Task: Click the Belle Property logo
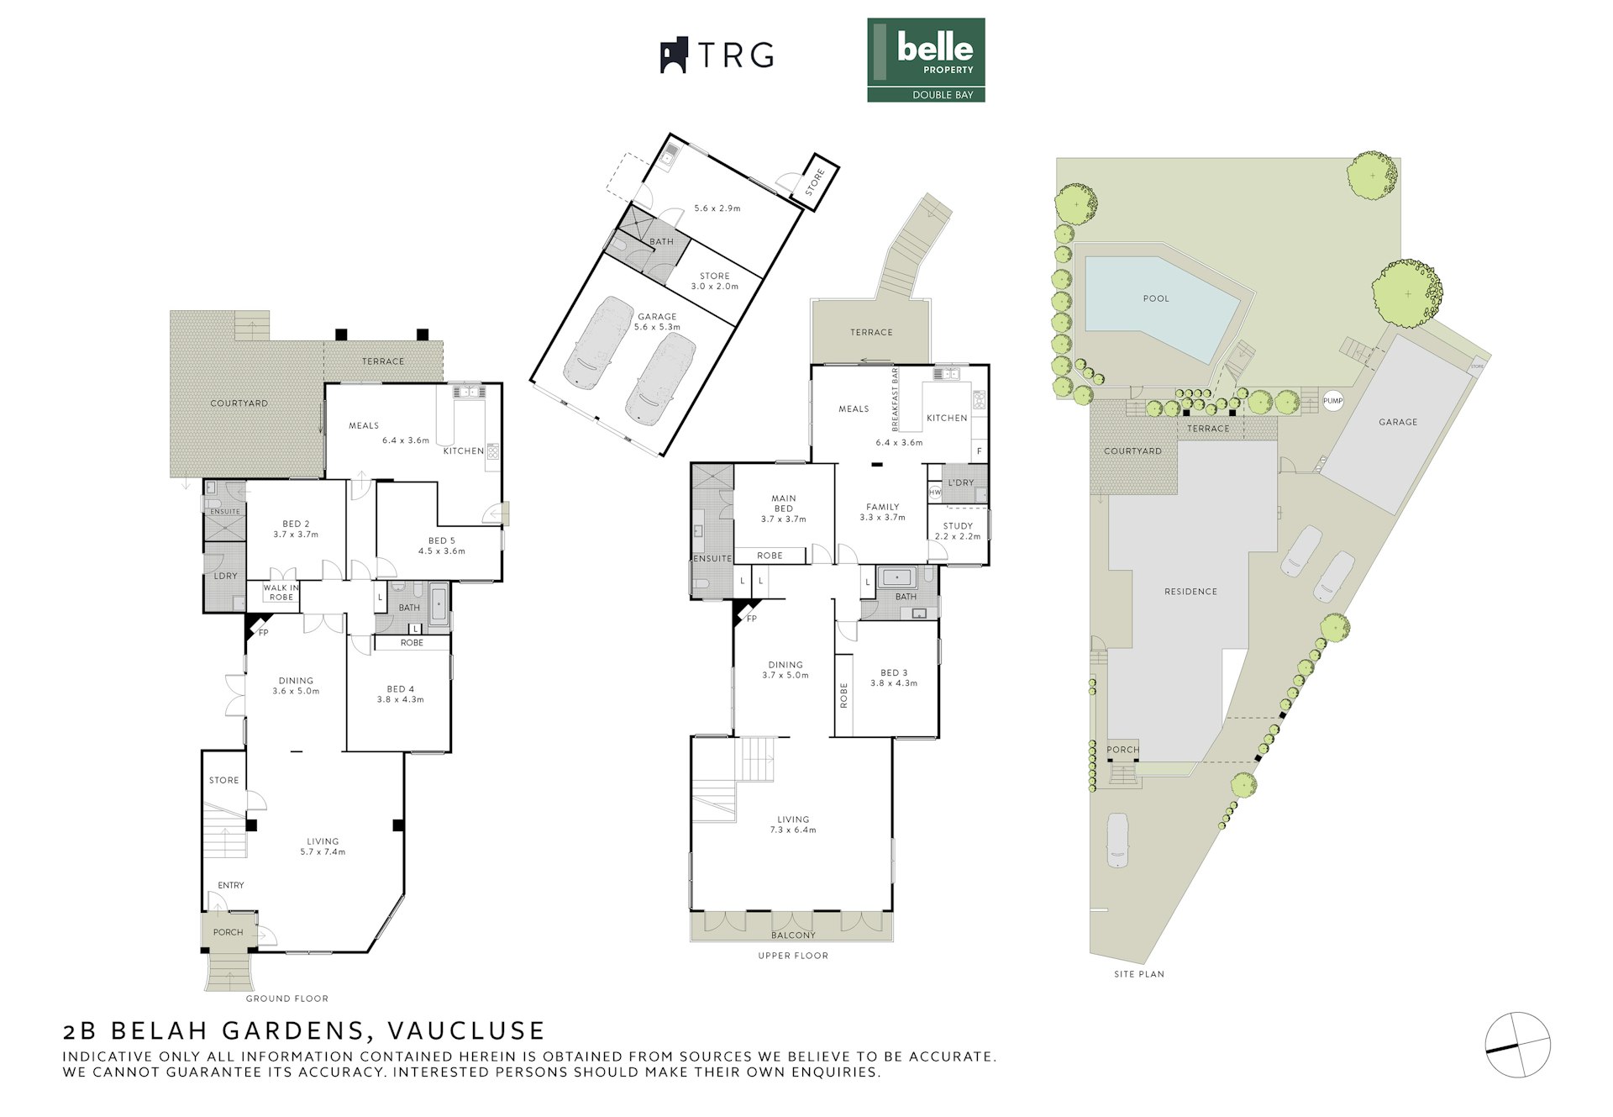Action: (x=926, y=60)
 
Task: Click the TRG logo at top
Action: (x=717, y=55)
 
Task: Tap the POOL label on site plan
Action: (x=1156, y=298)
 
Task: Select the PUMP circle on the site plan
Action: (x=1332, y=401)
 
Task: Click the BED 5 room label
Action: (x=442, y=545)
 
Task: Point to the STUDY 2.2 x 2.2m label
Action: (x=958, y=531)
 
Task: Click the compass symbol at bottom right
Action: (x=1517, y=1046)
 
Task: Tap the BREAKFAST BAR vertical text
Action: (x=896, y=399)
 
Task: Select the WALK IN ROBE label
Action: (x=281, y=593)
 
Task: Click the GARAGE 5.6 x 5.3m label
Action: (x=657, y=322)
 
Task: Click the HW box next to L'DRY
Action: (x=935, y=493)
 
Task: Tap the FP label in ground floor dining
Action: (x=263, y=633)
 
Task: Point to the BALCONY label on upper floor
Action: (x=793, y=935)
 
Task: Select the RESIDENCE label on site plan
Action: (x=1190, y=592)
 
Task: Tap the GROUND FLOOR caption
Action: (x=286, y=998)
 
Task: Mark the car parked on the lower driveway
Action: (x=1117, y=840)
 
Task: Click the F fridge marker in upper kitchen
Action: (x=979, y=451)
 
